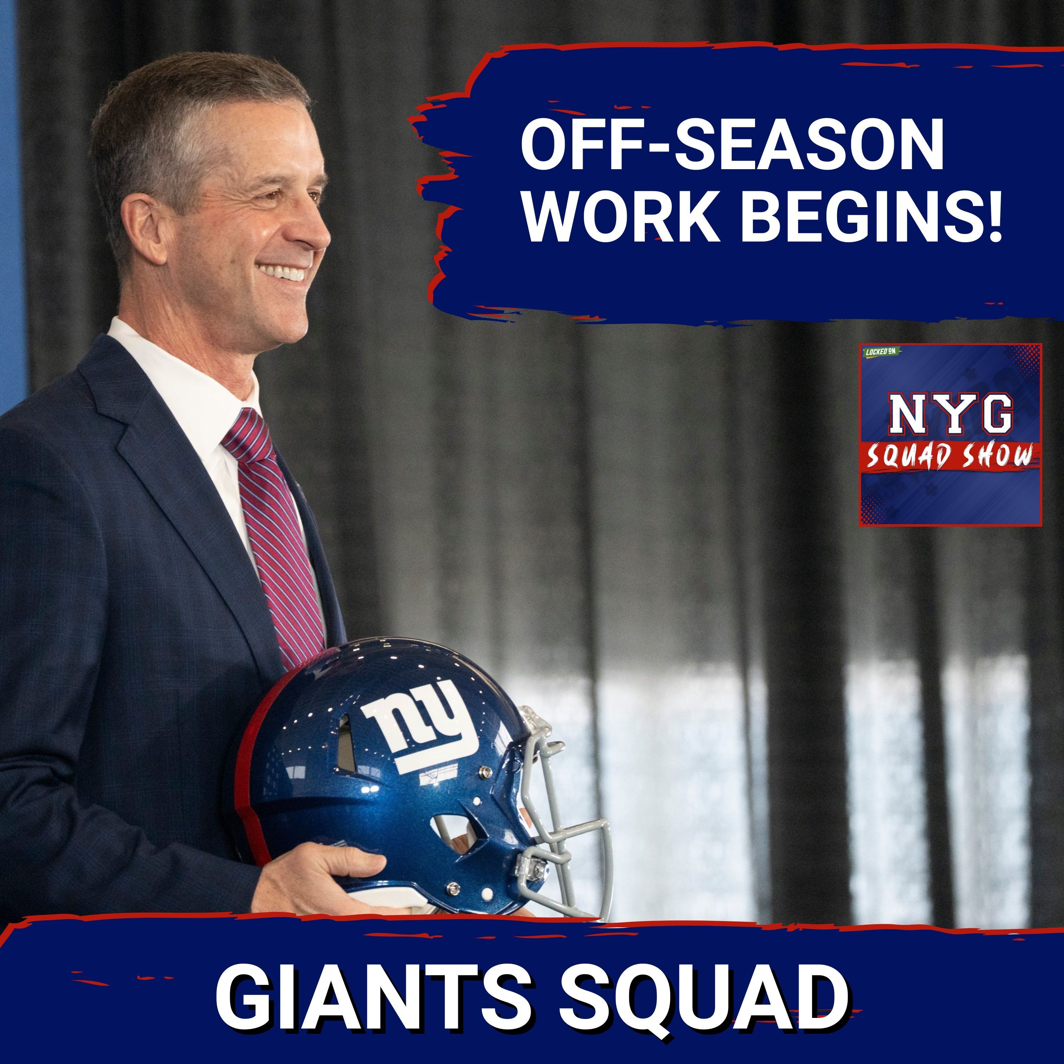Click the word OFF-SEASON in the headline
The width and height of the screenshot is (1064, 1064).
click(x=732, y=148)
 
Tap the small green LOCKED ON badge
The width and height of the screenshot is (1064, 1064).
click(x=880, y=351)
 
